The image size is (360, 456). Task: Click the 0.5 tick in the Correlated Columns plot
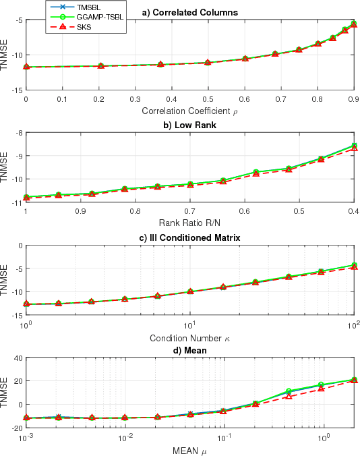tap(208, 98)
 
